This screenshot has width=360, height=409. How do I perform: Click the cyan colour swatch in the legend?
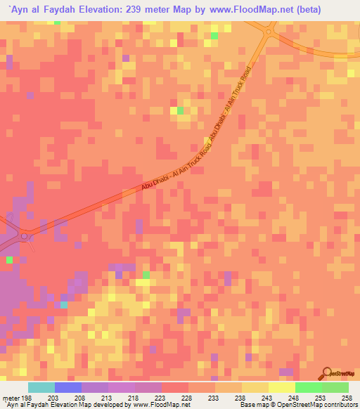pyautogui.click(x=41, y=388)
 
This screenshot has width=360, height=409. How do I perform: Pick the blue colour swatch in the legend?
pyautogui.click(x=67, y=388)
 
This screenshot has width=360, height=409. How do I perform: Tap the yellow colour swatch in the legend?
pyautogui.click(x=281, y=388)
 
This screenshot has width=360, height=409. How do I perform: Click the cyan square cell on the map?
pyautogui.click(x=64, y=304)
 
